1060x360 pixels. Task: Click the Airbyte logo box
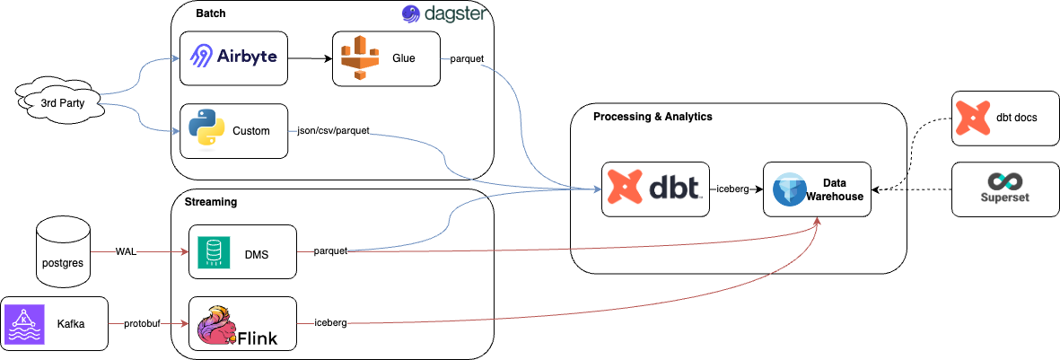click(233, 58)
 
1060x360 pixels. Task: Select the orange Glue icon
click(357, 58)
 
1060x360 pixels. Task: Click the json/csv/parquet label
click(334, 131)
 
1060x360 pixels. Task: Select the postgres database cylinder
click(63, 246)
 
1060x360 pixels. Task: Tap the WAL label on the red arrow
click(125, 252)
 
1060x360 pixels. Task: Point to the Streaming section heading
click(210, 202)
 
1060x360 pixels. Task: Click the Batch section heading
click(210, 13)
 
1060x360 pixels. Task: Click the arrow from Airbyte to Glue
click(310, 58)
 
